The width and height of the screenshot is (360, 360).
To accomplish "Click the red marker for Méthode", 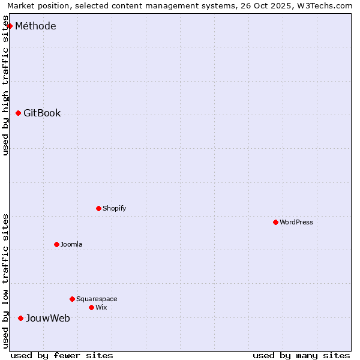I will (10, 26).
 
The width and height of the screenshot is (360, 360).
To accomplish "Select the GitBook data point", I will (18, 113).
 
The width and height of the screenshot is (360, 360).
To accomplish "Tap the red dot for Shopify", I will (98, 208).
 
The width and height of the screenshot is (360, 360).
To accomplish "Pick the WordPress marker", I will (275, 222).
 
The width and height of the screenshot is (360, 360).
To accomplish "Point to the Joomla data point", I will (56, 244).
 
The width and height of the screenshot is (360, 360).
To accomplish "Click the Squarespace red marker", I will (72, 299).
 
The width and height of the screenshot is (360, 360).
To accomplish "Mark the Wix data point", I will (91, 307).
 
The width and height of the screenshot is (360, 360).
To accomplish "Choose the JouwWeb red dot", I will (20, 318).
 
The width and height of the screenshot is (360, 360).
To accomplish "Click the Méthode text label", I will (35, 26).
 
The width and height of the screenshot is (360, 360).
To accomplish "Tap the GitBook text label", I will (42, 113).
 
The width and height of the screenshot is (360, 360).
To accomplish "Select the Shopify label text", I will (114, 208).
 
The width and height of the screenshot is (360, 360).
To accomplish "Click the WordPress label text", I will (296, 222).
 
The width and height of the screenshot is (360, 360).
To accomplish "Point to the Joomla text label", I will (71, 244).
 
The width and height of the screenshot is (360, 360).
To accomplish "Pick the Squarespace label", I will (97, 299).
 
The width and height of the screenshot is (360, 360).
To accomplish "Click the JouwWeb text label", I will (47, 318).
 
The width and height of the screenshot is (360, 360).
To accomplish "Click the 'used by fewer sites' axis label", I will (62, 355).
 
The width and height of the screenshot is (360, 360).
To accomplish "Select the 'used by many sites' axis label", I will (301, 355).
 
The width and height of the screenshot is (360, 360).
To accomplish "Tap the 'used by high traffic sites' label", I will (5, 86).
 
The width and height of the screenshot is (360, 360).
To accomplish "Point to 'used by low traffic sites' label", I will (5, 281).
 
